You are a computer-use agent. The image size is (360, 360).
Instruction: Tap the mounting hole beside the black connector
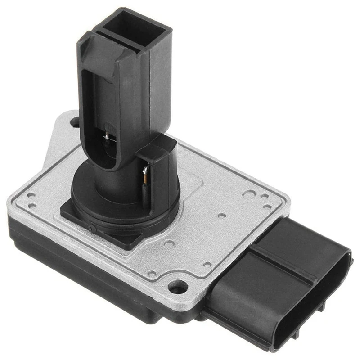178,286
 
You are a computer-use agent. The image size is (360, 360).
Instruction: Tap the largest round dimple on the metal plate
248,195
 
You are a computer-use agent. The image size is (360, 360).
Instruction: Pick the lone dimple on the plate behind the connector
221,216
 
